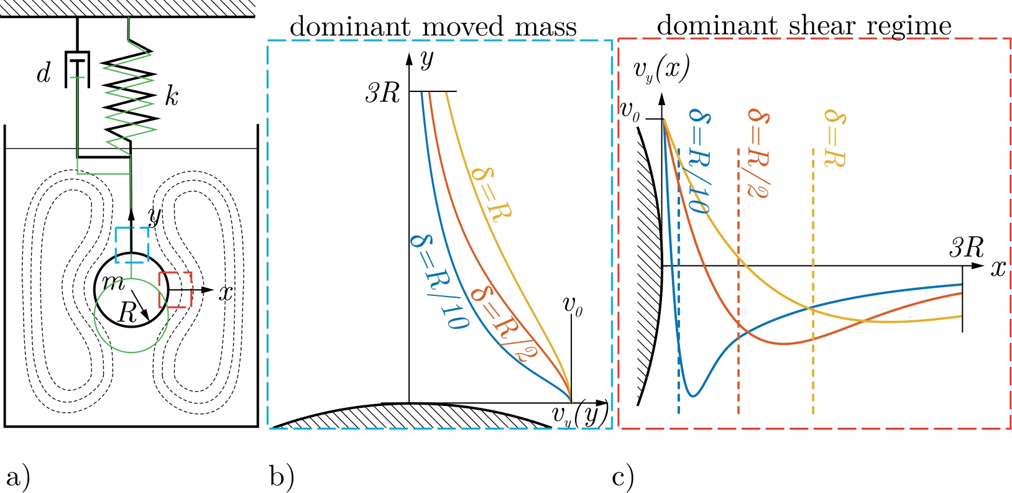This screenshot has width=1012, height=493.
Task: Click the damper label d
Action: (x=43, y=74)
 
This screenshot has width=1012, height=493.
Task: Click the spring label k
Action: (x=171, y=96)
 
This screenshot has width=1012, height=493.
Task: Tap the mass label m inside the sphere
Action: (x=113, y=283)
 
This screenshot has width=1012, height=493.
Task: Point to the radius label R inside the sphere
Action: (x=127, y=313)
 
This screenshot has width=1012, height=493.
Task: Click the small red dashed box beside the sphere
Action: (x=175, y=290)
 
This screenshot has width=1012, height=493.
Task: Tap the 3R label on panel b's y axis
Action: (x=382, y=93)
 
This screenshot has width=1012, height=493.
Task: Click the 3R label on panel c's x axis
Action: (x=966, y=248)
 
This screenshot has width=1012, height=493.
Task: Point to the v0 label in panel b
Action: (x=573, y=305)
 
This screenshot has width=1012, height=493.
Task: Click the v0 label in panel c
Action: (x=630, y=113)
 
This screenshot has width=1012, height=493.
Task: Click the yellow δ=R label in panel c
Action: (x=834, y=138)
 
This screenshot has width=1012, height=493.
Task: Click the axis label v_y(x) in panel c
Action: (x=661, y=70)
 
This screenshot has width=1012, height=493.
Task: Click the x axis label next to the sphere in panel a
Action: (x=226, y=292)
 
